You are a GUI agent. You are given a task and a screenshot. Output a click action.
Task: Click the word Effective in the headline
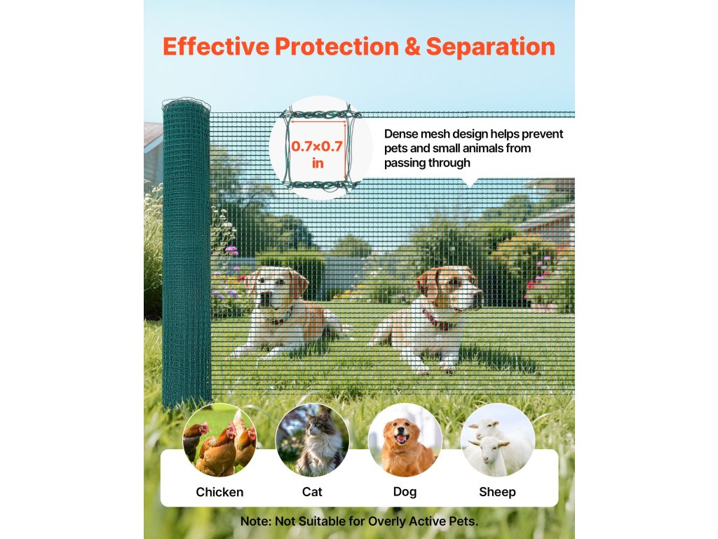tap(216, 46)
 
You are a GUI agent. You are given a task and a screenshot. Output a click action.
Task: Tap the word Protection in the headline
tap(337, 47)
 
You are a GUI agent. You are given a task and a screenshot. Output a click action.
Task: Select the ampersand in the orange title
tap(412, 47)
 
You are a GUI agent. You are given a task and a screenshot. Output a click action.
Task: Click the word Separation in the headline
tap(490, 47)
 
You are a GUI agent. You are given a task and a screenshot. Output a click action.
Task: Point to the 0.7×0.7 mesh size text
tap(317, 146)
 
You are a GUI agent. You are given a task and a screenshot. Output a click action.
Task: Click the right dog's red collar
tap(437, 320)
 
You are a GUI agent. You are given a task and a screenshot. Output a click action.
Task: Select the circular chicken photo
tap(219, 441)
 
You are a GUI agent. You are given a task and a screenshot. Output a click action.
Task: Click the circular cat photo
tap(312, 441)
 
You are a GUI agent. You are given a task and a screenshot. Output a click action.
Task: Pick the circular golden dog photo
tap(405, 441)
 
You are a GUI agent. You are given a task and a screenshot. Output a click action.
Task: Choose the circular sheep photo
tap(498, 441)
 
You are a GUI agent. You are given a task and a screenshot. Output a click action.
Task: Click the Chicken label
tap(219, 492)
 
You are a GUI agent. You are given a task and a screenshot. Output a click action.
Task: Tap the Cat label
tap(312, 492)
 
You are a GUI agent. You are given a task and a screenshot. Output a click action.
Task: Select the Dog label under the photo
tap(405, 492)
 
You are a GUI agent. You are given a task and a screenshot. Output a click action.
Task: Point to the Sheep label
tap(497, 492)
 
